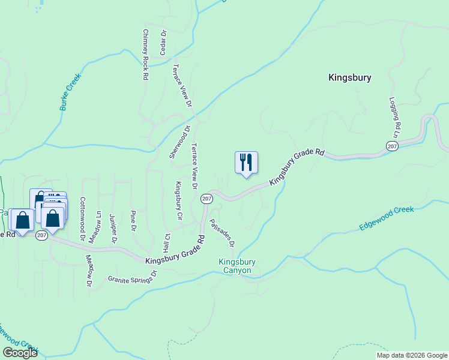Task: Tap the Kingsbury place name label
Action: [350, 77]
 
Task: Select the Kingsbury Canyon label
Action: [237, 266]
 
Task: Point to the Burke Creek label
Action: [70, 92]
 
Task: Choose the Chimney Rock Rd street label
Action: [145, 55]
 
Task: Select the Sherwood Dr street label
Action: [179, 142]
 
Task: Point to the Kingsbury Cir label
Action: [178, 200]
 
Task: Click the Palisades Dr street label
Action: [222, 233]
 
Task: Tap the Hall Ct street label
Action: [167, 243]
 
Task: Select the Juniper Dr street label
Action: [112, 228]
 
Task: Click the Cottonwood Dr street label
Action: [82, 218]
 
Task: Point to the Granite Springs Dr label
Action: [132, 277]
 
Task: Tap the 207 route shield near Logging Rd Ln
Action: [391, 146]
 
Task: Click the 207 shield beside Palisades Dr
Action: [206, 198]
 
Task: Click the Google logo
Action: [20, 353]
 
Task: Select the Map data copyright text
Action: [411, 355]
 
